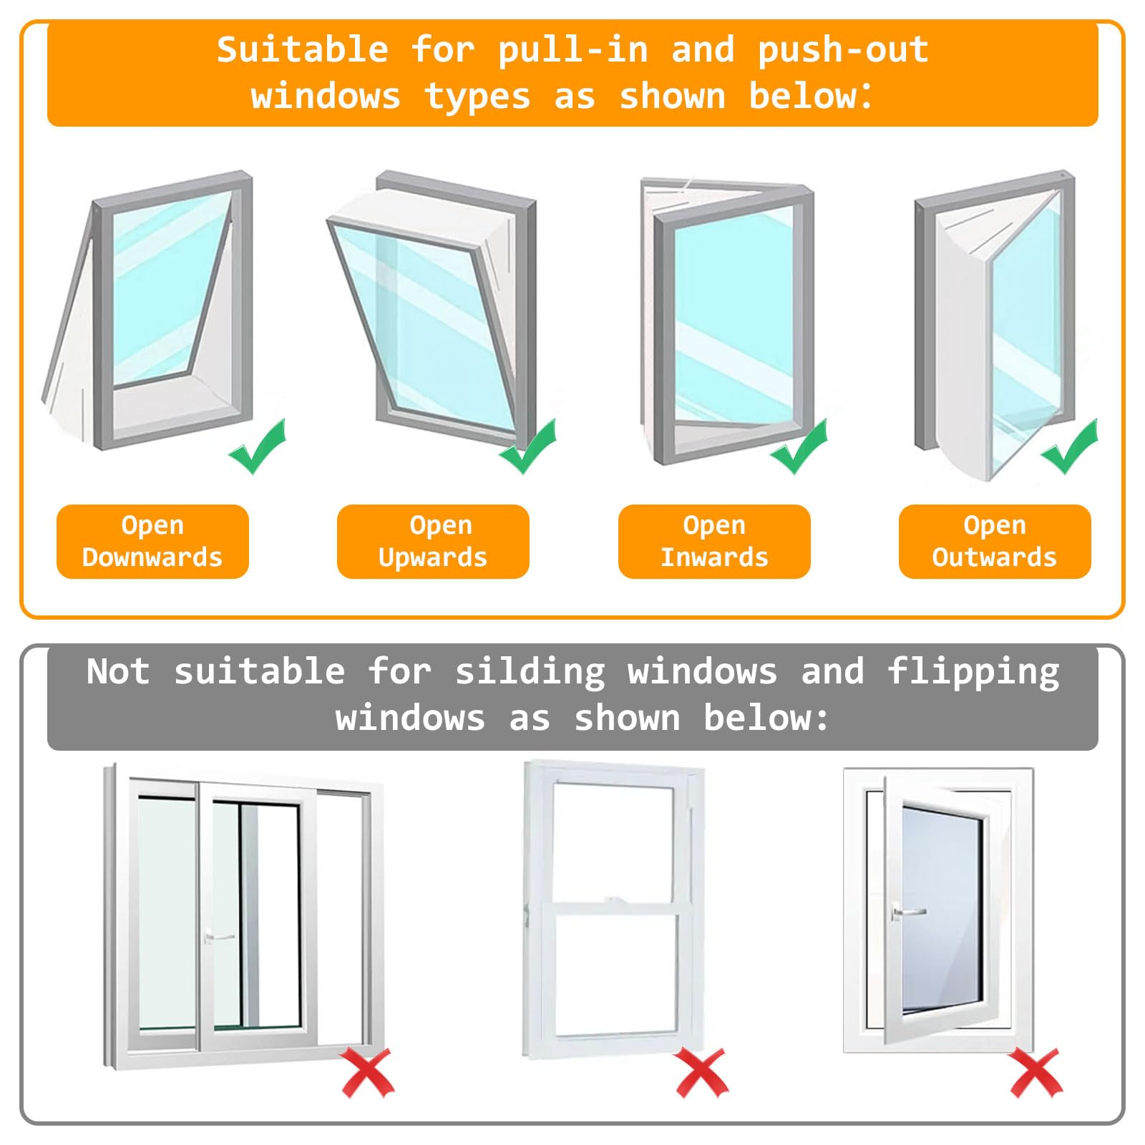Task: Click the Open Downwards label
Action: [152, 541]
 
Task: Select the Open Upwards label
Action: [433, 541]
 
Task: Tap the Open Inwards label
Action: [714, 541]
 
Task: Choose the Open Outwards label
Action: [995, 541]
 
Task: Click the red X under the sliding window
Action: [367, 1072]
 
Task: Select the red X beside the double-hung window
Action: [701, 1072]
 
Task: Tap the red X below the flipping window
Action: [1036, 1072]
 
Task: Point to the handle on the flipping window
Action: [906, 912]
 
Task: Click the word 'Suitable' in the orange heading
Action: [303, 50]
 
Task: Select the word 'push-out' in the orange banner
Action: [843, 50]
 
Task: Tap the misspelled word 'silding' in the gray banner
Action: [530, 672]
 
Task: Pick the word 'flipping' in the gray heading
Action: [973, 673]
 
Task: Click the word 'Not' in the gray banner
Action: [118, 672]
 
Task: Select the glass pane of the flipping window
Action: [942, 910]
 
